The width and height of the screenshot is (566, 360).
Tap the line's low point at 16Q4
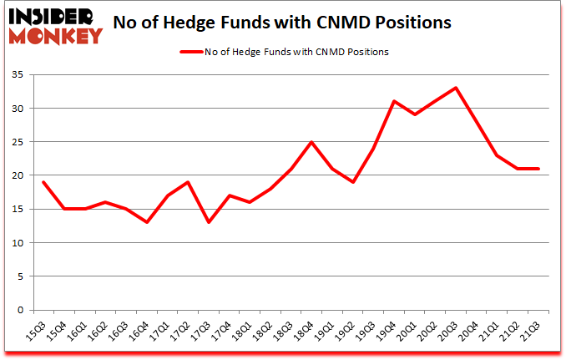tap(147, 222)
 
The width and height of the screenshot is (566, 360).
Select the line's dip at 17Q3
tap(209, 222)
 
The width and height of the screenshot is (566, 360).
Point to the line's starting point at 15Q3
tap(43, 182)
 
